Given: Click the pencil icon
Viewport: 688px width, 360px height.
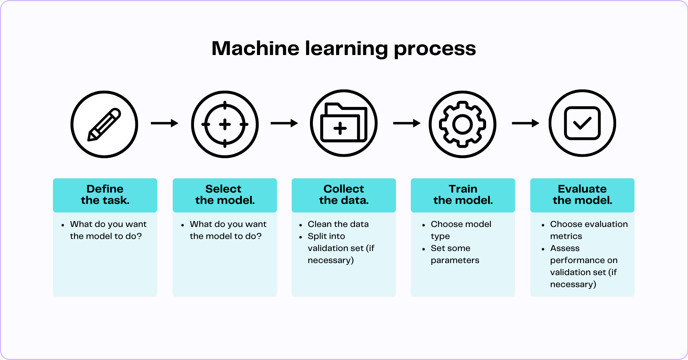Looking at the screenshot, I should point(104,124).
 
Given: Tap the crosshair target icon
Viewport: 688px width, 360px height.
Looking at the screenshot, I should point(225,124).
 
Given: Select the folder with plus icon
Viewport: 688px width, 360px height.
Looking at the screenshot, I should point(344,123).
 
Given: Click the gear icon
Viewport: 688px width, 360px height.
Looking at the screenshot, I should point(462,124).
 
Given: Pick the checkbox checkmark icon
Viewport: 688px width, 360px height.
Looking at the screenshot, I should point(582,123).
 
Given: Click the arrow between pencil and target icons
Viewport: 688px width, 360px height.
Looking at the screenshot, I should point(164,123).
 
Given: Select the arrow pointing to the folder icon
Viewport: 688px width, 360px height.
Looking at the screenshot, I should point(284,123).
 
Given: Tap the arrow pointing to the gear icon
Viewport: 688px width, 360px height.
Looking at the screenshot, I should point(407,123).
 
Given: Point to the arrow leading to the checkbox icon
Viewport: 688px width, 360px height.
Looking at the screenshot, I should point(525,123).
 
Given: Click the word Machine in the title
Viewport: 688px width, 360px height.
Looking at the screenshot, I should point(255,48).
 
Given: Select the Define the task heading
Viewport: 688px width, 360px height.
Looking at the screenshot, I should point(105,195).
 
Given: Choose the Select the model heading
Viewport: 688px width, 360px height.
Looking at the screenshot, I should point(225,195).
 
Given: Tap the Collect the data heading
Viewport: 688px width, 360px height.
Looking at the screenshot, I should point(344,195).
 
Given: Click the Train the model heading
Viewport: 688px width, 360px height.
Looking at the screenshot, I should point(463,195).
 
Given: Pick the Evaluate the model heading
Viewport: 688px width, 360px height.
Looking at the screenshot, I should point(582,195).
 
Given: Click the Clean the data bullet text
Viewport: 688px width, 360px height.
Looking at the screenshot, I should point(338,224).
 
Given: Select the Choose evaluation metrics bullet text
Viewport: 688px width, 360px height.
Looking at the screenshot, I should point(589,230).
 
